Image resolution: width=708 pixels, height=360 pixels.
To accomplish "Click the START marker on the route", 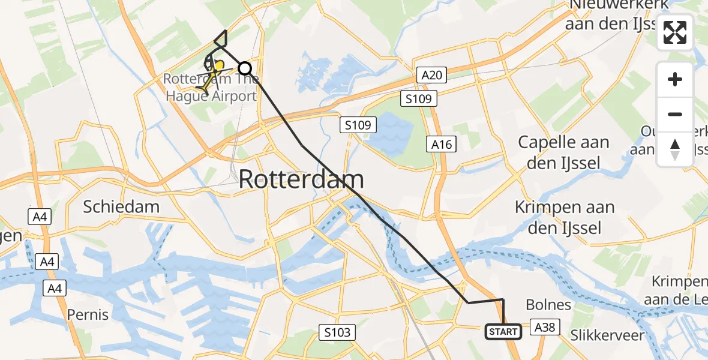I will tap(503, 331).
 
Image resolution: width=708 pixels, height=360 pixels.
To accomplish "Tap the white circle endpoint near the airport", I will tap(245, 68).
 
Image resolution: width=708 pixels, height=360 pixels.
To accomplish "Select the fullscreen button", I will tap(675, 33).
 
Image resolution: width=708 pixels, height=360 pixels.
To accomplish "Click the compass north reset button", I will tap(675, 149).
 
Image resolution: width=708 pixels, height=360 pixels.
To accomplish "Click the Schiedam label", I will tap(121, 207).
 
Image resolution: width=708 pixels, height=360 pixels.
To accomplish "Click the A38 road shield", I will tap(545, 327).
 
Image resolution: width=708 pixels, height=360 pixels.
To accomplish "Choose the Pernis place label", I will tap(88, 314).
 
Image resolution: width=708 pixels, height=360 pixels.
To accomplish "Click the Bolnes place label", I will tap(548, 304).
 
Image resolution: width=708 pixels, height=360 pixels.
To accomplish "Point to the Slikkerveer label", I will tap(607, 335).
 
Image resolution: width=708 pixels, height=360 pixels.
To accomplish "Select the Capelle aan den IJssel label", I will tap(563, 152).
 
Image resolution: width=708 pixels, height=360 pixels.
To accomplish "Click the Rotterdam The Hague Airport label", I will tap(210, 88).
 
